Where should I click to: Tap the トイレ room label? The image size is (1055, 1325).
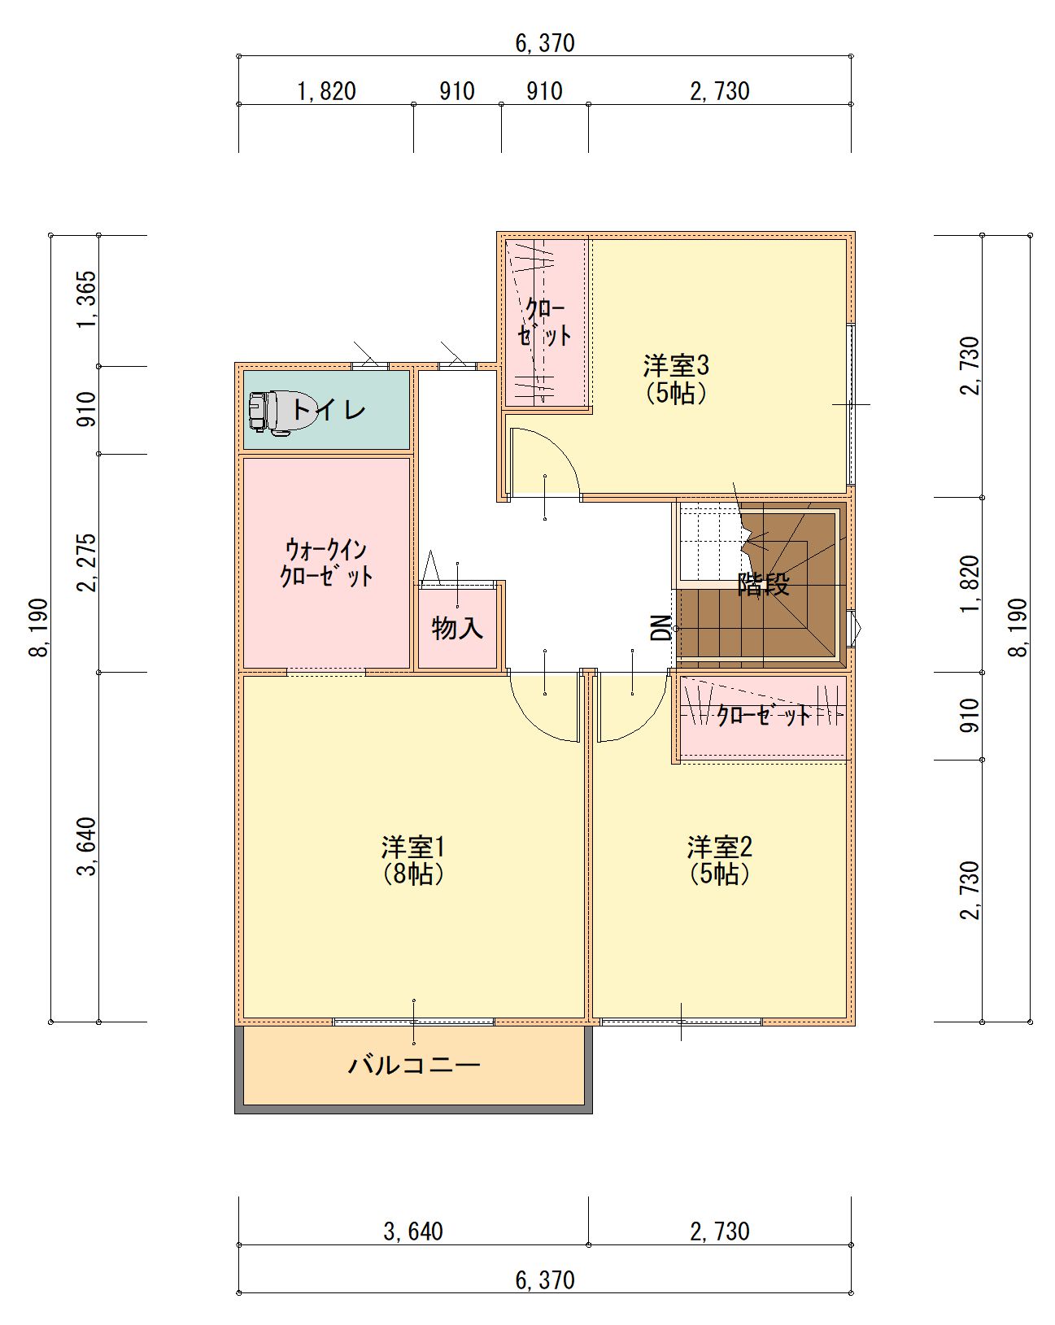coord(329,409)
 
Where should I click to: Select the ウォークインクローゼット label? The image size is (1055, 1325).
coord(326,563)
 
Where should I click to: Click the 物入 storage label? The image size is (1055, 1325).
coord(457,628)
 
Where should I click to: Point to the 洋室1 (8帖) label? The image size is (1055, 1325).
coord(413,860)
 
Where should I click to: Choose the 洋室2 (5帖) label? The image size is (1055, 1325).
coord(719,860)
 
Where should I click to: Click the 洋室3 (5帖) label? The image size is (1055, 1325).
coord(676,379)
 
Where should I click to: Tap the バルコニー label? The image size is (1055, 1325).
coord(414,1066)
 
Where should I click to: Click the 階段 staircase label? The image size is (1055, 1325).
coord(764,584)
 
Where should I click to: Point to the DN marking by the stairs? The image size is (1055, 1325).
coord(661,628)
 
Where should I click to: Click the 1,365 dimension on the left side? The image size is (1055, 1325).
coord(88,300)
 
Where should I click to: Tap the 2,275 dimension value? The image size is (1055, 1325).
coord(88,563)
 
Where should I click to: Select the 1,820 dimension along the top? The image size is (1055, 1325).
coord(326,92)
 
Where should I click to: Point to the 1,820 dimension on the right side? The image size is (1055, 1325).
coord(970,584)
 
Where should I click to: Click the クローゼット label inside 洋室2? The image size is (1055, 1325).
coord(764,716)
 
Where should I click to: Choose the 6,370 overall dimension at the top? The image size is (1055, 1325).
coord(545,43)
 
